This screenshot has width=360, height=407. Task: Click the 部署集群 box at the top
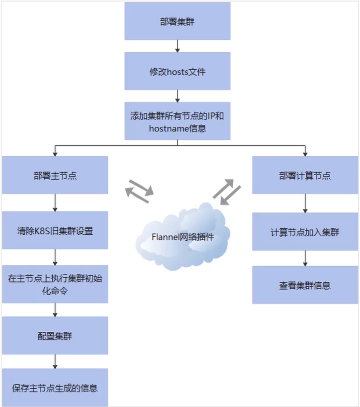pyautogui.click(x=177, y=21)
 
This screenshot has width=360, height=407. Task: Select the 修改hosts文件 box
pyautogui.click(x=177, y=71)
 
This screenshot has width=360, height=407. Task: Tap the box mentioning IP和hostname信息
pyautogui.click(x=177, y=121)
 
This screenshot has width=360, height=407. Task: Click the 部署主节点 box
pyautogui.click(x=55, y=175)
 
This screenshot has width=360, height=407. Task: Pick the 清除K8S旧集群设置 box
pyautogui.click(x=55, y=230)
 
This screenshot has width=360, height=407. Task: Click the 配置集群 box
pyautogui.click(x=55, y=336)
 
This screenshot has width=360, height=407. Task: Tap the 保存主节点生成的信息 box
pyautogui.click(x=55, y=388)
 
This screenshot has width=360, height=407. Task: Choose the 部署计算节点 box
pyautogui.click(x=305, y=175)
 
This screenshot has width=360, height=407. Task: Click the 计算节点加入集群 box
pyautogui.click(x=305, y=232)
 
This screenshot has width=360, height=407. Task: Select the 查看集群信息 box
pyautogui.click(x=305, y=285)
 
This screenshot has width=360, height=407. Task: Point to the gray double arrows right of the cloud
pyautogui.click(x=227, y=191)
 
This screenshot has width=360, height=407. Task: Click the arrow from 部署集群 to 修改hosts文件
pyautogui.click(x=177, y=46)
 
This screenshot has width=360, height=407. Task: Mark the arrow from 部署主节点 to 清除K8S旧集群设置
pyautogui.click(x=55, y=203)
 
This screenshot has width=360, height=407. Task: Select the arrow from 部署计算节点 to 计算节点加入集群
pyautogui.click(x=305, y=203)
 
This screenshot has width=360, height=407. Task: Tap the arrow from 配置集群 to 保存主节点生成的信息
pyautogui.click(x=55, y=362)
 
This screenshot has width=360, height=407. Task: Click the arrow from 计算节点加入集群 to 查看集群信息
pyautogui.click(x=305, y=258)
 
